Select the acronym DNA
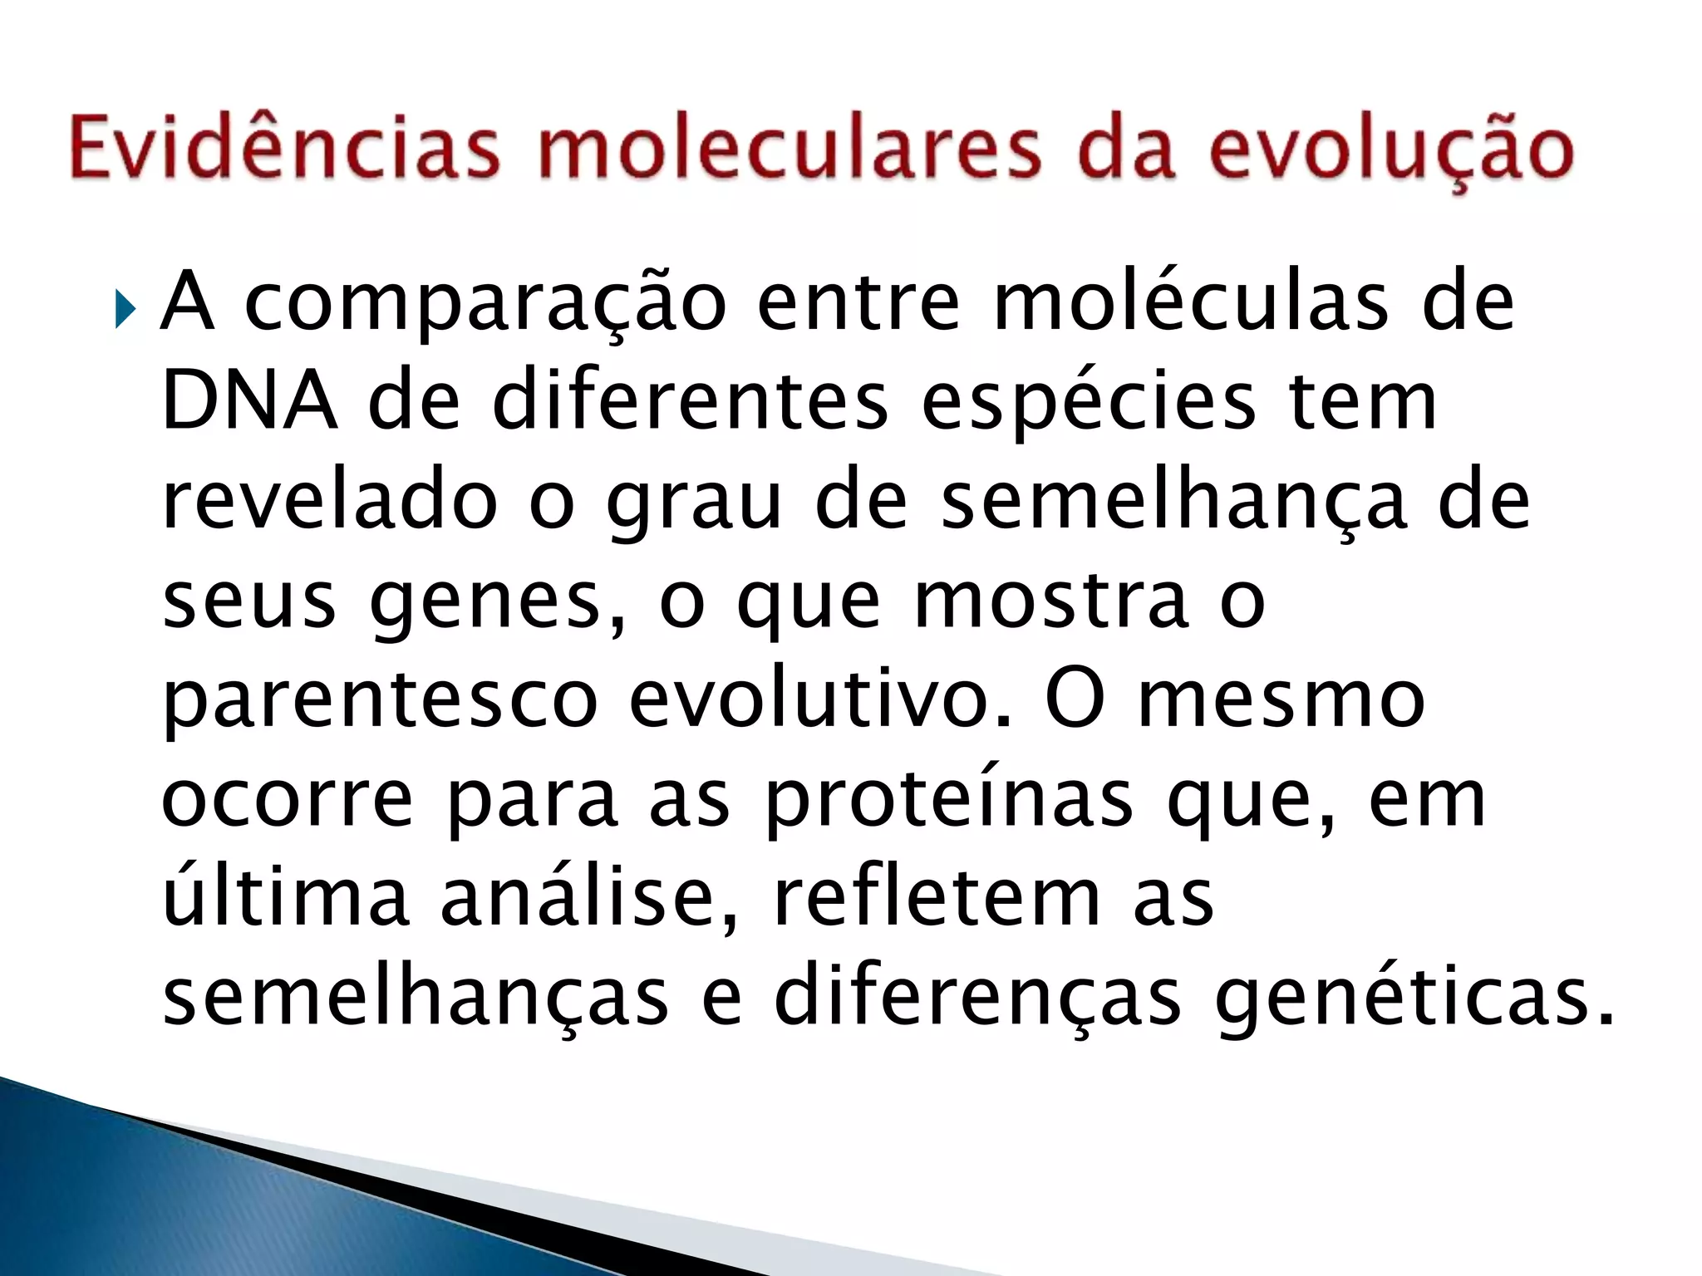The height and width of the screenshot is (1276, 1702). (248, 403)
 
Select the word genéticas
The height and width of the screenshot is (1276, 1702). (1413, 1000)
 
